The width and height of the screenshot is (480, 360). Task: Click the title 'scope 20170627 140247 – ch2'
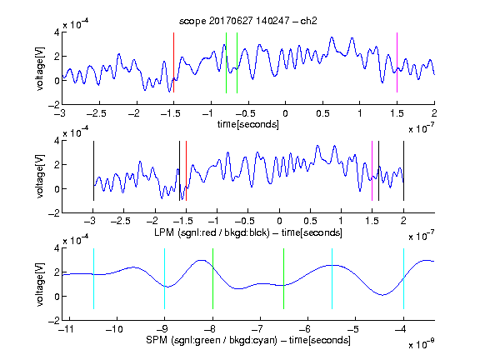tap(248, 21)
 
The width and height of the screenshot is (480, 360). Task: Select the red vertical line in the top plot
tap(173, 62)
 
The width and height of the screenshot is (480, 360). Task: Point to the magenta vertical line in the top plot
tap(397, 62)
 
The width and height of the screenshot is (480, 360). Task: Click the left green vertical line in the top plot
tap(226, 62)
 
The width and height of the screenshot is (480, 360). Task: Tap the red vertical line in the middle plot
tap(186, 171)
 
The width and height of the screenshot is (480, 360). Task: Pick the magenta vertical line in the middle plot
tap(372, 171)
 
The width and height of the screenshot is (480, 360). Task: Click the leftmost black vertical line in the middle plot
tap(93, 171)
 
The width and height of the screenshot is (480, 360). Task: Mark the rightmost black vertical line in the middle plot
tap(403, 171)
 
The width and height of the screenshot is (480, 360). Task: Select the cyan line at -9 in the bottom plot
tap(164, 278)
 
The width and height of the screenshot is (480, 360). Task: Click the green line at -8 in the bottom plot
tap(212, 278)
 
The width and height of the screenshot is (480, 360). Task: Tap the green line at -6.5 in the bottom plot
tap(284, 278)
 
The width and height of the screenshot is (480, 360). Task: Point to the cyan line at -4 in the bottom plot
tap(403, 278)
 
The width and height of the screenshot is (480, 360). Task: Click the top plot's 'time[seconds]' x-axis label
tap(248, 124)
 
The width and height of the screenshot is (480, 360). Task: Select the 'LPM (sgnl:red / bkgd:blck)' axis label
tap(212, 232)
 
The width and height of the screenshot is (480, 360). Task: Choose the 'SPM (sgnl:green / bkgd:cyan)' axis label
tap(212, 340)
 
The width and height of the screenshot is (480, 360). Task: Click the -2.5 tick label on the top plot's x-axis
tap(97, 113)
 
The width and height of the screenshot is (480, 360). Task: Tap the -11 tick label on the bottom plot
tap(67, 329)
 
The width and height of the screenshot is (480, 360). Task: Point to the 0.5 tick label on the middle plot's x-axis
tap(310, 221)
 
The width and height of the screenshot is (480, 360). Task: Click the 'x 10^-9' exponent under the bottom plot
tap(421, 344)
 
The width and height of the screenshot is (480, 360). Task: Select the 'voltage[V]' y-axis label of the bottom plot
tap(40, 284)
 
